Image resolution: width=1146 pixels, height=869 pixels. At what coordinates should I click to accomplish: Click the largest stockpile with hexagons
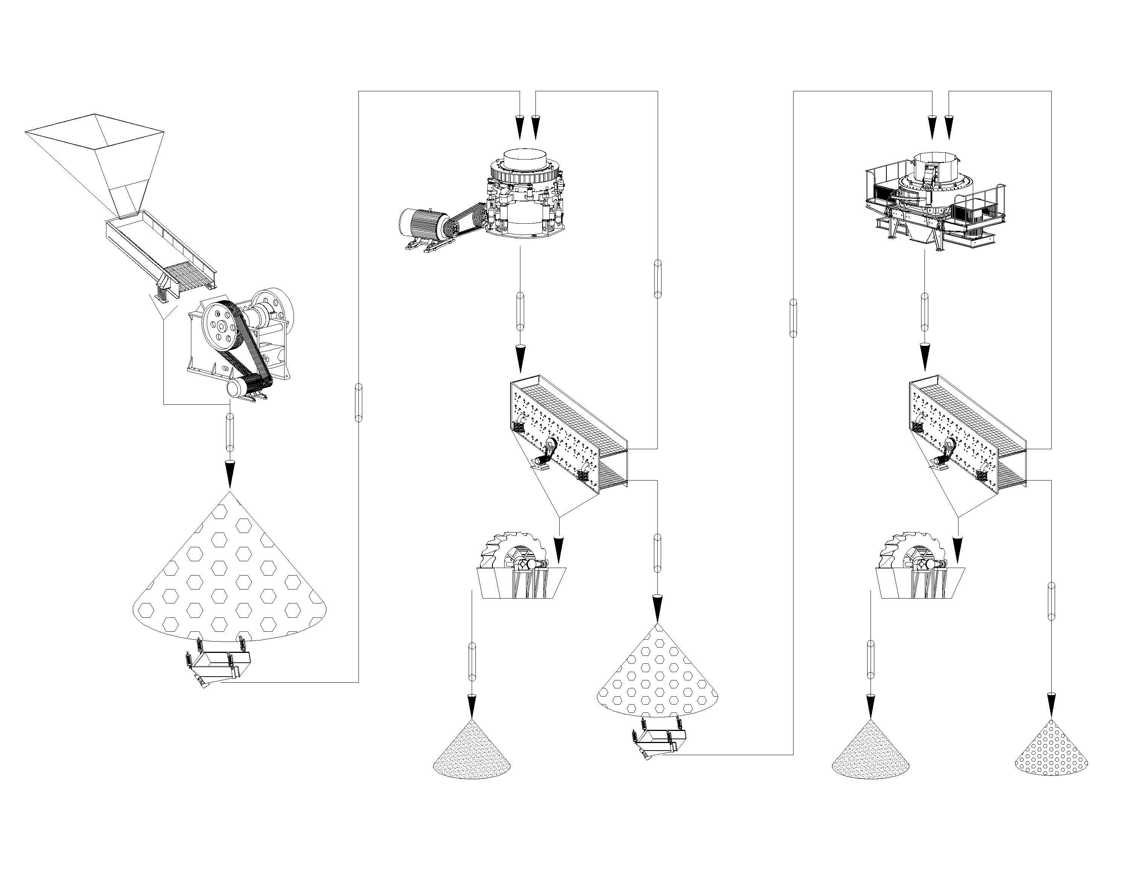229,575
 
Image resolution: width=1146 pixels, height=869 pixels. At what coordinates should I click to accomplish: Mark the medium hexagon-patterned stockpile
658,679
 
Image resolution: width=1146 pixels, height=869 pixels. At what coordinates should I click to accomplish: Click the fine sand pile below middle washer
471,751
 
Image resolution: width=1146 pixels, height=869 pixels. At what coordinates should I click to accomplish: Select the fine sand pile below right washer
871,751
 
